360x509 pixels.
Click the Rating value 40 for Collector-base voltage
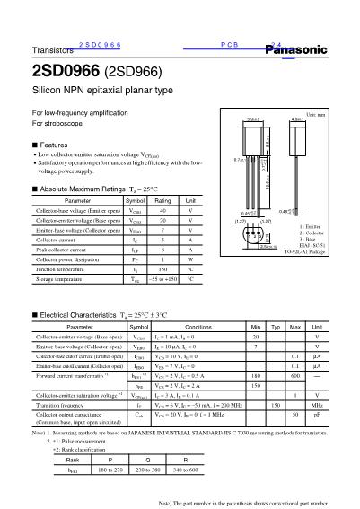tap(162, 209)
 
